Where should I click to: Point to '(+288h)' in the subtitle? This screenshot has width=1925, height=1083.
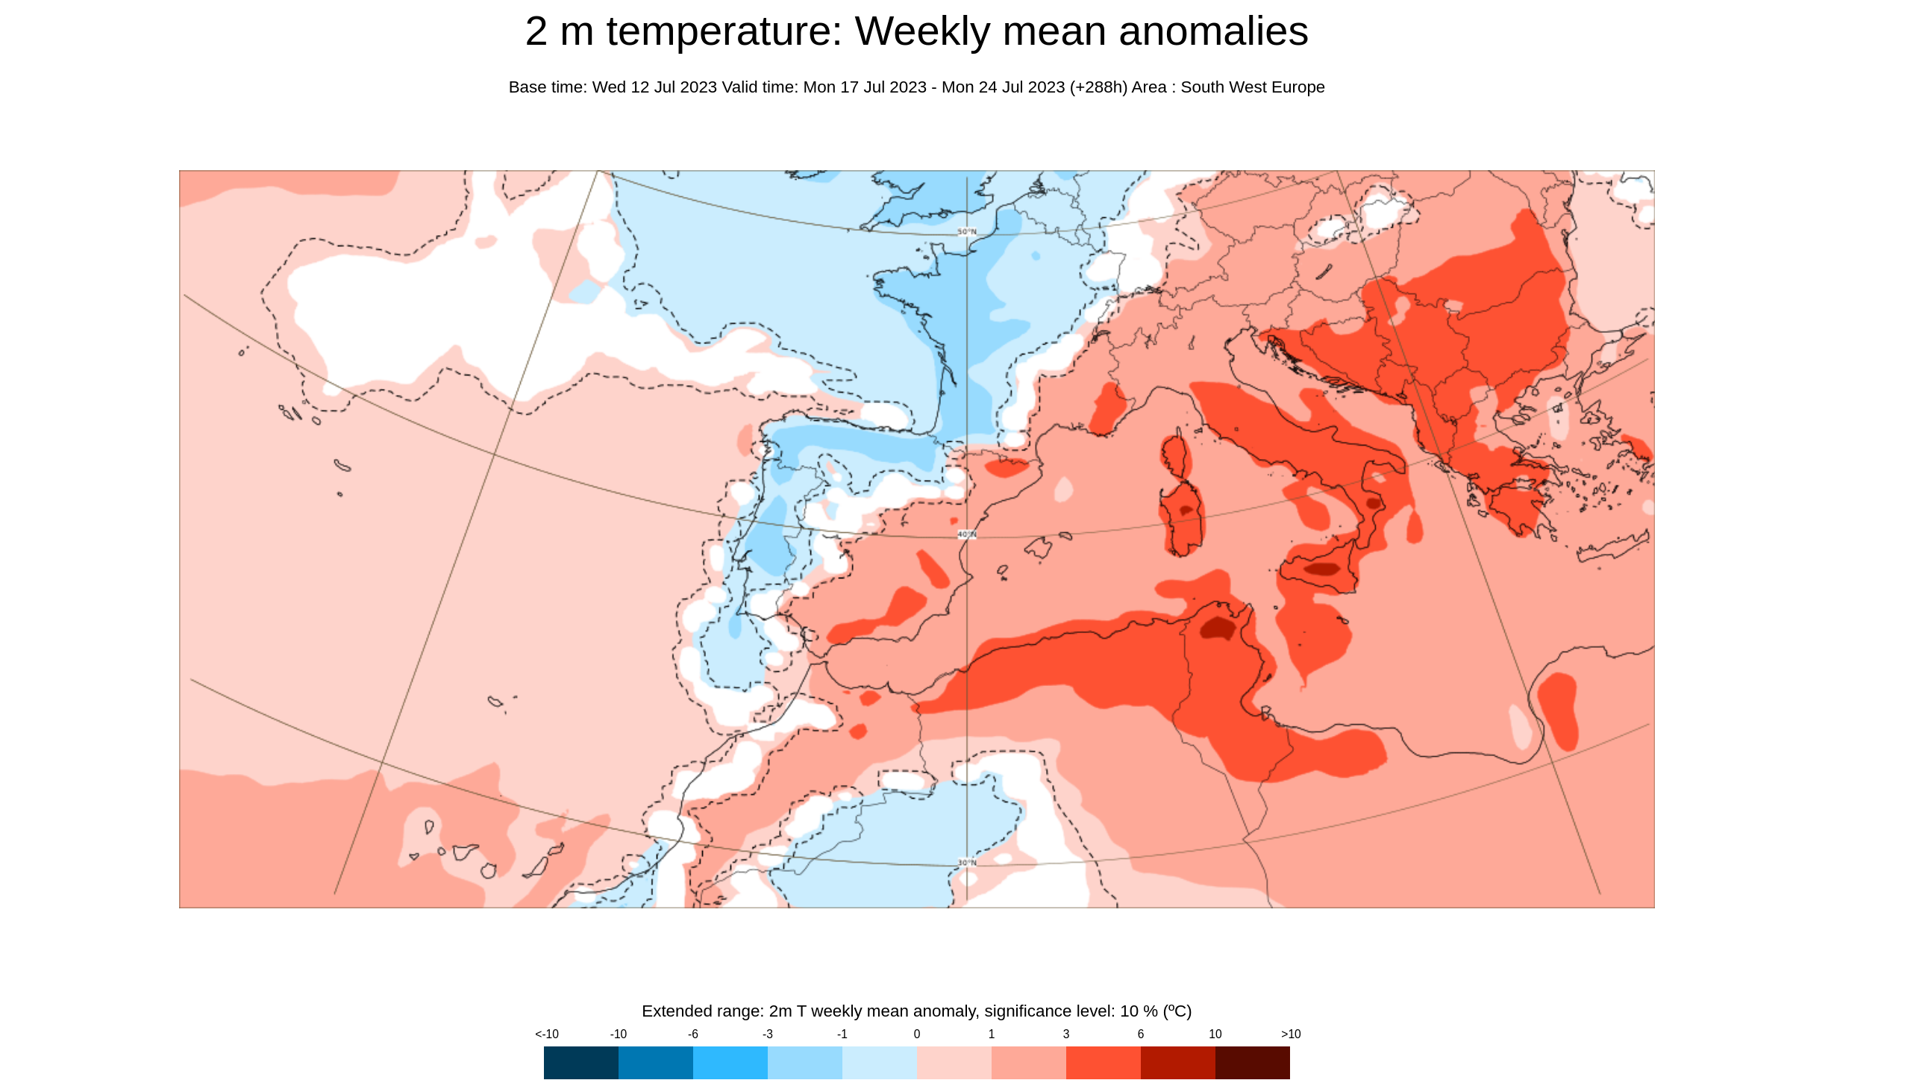click(x=1098, y=87)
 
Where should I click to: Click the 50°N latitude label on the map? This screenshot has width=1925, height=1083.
click(x=966, y=231)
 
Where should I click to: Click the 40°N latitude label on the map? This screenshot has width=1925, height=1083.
click(x=966, y=534)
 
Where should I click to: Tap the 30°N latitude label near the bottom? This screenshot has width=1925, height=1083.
click(x=966, y=863)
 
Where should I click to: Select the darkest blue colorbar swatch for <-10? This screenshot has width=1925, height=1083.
click(x=580, y=1062)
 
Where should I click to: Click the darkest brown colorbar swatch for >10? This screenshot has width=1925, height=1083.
click(x=1252, y=1062)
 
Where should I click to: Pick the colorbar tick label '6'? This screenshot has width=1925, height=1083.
click(x=1140, y=1034)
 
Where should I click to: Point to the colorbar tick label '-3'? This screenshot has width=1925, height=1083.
click(x=768, y=1034)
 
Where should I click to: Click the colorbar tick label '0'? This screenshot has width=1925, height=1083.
click(x=917, y=1034)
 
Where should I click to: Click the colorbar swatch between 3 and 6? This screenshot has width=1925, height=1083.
click(x=1103, y=1062)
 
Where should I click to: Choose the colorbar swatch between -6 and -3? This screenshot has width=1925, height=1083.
click(x=730, y=1062)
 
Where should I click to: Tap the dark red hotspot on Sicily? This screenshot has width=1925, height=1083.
click(x=1322, y=569)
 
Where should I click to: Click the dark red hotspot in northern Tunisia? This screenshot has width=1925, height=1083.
click(x=1218, y=628)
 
